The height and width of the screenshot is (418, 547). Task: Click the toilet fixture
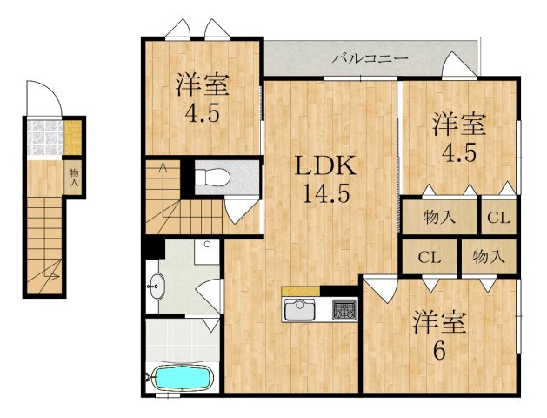click(212, 177)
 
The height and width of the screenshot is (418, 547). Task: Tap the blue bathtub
click(183, 377)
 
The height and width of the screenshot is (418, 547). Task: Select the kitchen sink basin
click(300, 309)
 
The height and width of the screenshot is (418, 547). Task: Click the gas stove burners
click(344, 309)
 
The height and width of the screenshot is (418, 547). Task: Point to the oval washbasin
click(157, 287)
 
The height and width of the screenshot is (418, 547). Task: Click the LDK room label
click(325, 166)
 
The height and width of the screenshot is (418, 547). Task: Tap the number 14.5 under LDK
click(325, 193)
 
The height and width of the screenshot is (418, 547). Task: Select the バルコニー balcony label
click(370, 58)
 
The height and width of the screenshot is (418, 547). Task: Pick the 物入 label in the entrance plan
click(74, 177)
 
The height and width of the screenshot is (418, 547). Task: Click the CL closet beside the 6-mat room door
click(430, 258)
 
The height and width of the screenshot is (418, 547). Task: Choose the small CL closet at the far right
click(498, 218)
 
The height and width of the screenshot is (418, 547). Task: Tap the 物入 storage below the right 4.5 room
click(439, 217)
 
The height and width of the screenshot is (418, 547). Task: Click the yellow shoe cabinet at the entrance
click(73, 138)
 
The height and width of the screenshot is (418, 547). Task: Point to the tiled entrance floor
click(45, 138)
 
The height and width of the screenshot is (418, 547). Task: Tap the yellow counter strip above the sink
click(300, 291)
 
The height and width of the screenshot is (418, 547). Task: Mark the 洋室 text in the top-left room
click(203, 84)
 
